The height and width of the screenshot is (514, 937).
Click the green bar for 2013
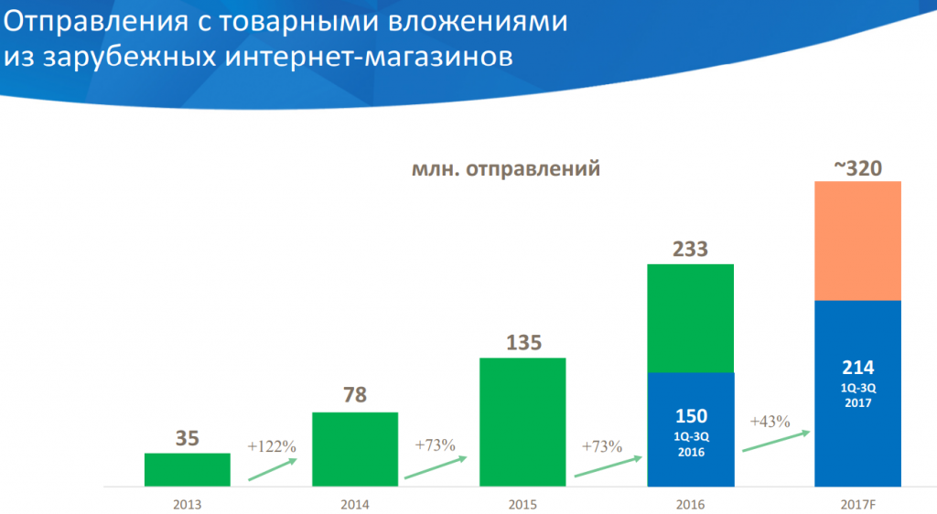[187, 469]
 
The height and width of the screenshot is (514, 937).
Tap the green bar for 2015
[522, 422]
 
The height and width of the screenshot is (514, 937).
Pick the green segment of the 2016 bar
[690, 318]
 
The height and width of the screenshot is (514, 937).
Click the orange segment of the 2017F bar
[857, 241]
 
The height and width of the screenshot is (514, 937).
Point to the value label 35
[187, 438]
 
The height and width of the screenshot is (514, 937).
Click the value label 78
[355, 396]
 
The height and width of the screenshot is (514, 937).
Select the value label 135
[522, 343]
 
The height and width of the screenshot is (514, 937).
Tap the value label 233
[690, 249]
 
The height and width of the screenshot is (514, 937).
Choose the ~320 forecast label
[857, 167]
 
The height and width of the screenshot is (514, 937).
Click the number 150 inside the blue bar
[690, 416]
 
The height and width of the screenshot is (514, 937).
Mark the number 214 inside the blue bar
[857, 368]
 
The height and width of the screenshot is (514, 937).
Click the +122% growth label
[272, 447]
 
